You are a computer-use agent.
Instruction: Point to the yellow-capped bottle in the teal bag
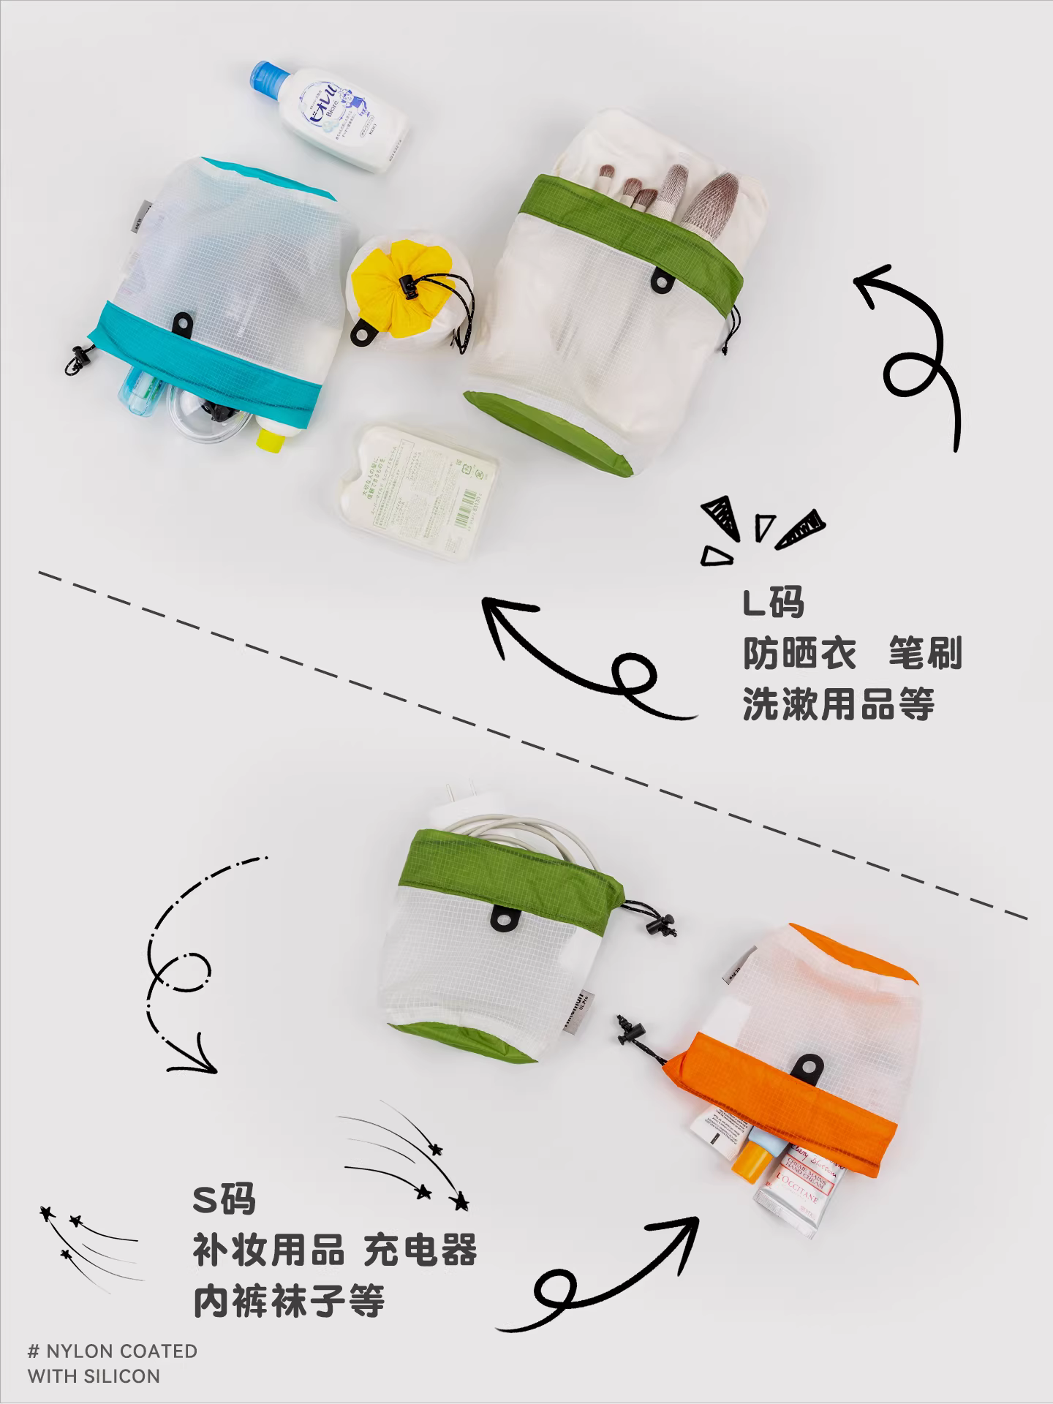coord(270,437)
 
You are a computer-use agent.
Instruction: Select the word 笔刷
coord(924,653)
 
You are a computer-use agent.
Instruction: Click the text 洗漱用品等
coord(838,704)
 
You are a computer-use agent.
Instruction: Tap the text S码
coord(224,1199)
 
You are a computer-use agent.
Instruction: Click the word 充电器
coord(420,1250)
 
